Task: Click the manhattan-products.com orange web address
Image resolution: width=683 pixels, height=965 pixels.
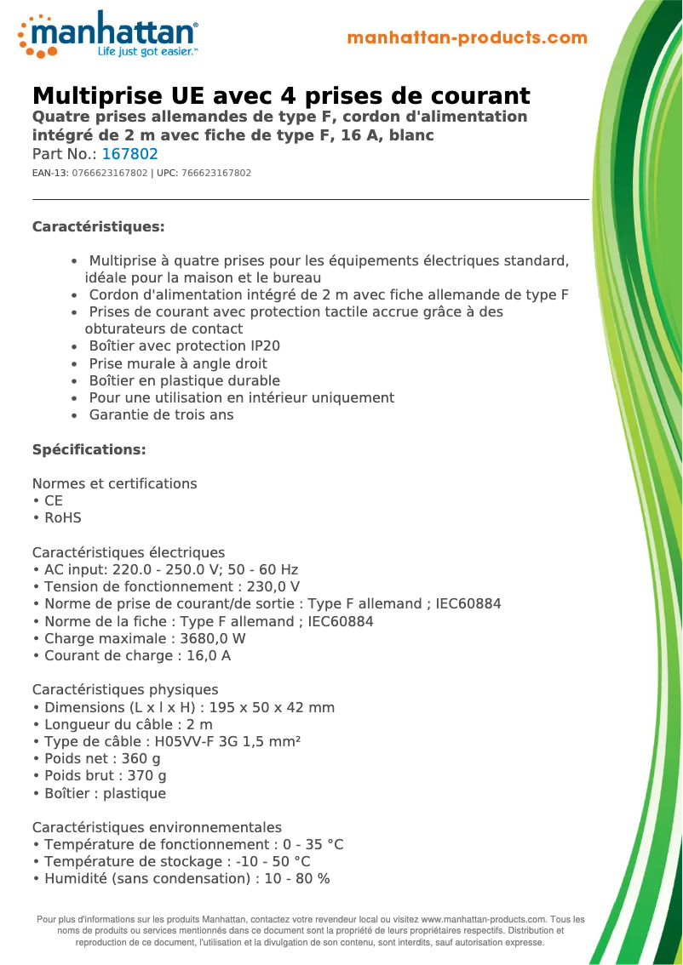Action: coord(468,38)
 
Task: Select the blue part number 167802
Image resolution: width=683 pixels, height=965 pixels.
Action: coord(129,154)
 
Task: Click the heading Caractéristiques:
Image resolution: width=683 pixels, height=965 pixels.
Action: coord(98,226)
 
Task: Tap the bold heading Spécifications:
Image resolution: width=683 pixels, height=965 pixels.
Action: coord(89,449)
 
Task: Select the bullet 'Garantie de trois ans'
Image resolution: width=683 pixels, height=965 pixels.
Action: coord(161,415)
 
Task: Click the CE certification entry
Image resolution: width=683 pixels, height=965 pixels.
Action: coord(54,500)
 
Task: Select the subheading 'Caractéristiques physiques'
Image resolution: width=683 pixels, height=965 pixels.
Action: coord(125,689)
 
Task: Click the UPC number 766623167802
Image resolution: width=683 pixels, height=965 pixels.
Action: coord(216,173)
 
